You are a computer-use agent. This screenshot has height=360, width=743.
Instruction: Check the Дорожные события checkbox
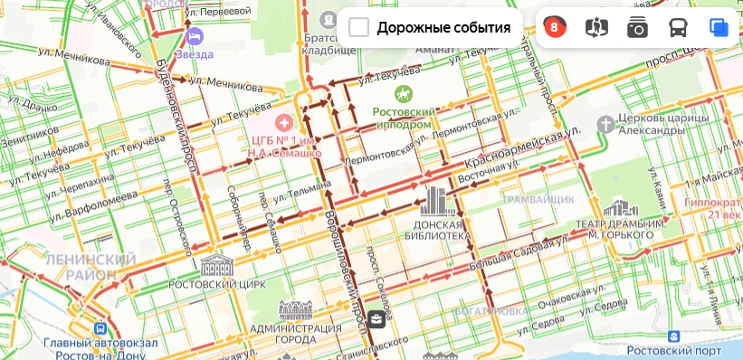point(359,27)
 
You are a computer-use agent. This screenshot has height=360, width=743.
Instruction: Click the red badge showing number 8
point(554,27)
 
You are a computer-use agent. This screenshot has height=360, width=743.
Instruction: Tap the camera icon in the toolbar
point(637,27)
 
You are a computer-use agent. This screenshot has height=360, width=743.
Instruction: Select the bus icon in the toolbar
point(678,27)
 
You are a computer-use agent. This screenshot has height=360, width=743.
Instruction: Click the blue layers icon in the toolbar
point(719,27)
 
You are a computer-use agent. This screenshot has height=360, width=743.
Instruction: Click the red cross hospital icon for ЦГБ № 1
point(284,120)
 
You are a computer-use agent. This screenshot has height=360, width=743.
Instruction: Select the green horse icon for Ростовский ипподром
point(400,93)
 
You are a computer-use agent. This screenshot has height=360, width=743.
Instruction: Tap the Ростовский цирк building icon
point(217,265)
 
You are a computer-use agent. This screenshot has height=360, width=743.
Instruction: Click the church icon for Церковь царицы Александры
point(605,121)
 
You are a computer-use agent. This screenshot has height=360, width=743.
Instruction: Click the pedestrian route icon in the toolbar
point(596,27)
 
